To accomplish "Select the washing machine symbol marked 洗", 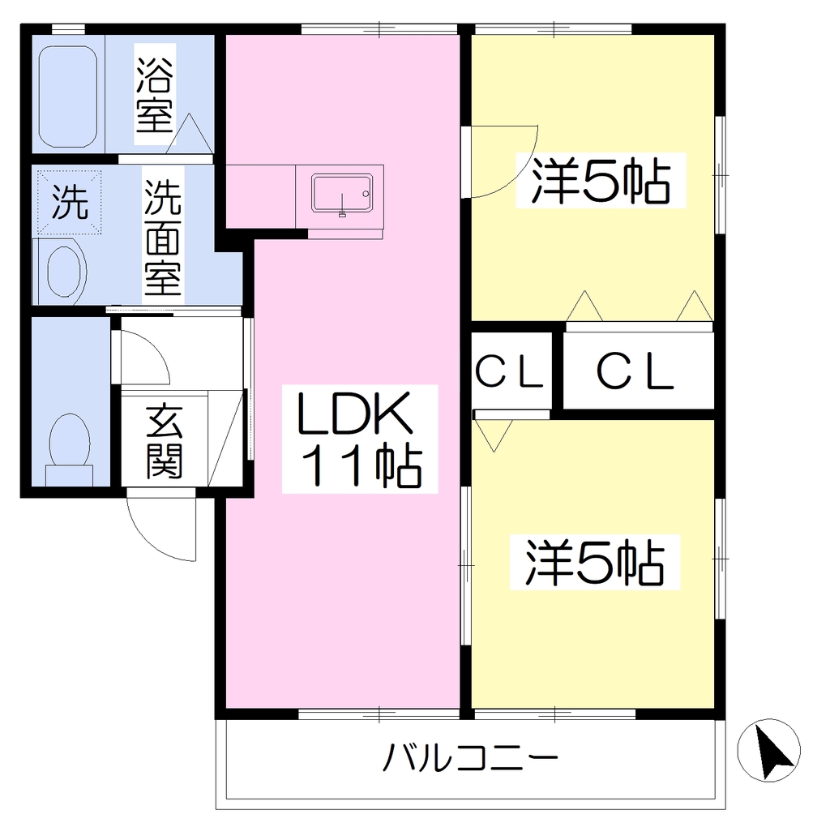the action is (69, 202).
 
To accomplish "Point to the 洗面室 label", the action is (162, 237).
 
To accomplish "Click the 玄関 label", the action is (164, 441).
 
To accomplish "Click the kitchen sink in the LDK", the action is (342, 193).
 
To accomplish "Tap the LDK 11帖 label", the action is (359, 439).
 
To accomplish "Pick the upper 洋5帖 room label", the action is (601, 181).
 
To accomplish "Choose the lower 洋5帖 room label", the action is (594, 562).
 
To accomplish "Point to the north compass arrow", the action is (773, 748).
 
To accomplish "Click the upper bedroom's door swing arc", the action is (519, 175).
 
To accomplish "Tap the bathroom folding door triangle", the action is (189, 134).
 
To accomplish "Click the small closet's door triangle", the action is (494, 435).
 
